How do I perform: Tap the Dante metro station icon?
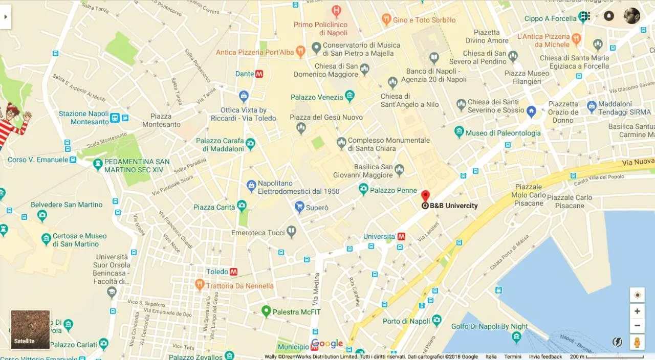(x=259, y=74)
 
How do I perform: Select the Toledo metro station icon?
(x=233, y=272)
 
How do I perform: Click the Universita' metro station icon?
(x=402, y=236)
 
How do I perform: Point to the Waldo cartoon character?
(x=11, y=125)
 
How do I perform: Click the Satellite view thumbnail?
(x=31, y=329)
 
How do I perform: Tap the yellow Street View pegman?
(x=637, y=342)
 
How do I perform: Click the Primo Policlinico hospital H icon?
(x=336, y=10)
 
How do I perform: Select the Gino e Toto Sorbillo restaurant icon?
(x=386, y=19)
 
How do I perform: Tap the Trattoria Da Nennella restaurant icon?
(x=200, y=285)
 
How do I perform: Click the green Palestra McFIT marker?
(x=266, y=310)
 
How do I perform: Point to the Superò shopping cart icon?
(x=299, y=207)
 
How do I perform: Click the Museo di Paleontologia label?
(x=503, y=133)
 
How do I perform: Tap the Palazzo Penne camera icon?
(x=363, y=190)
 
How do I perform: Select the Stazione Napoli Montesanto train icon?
(x=115, y=118)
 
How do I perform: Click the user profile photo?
(x=632, y=16)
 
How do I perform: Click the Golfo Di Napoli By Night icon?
(x=516, y=336)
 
